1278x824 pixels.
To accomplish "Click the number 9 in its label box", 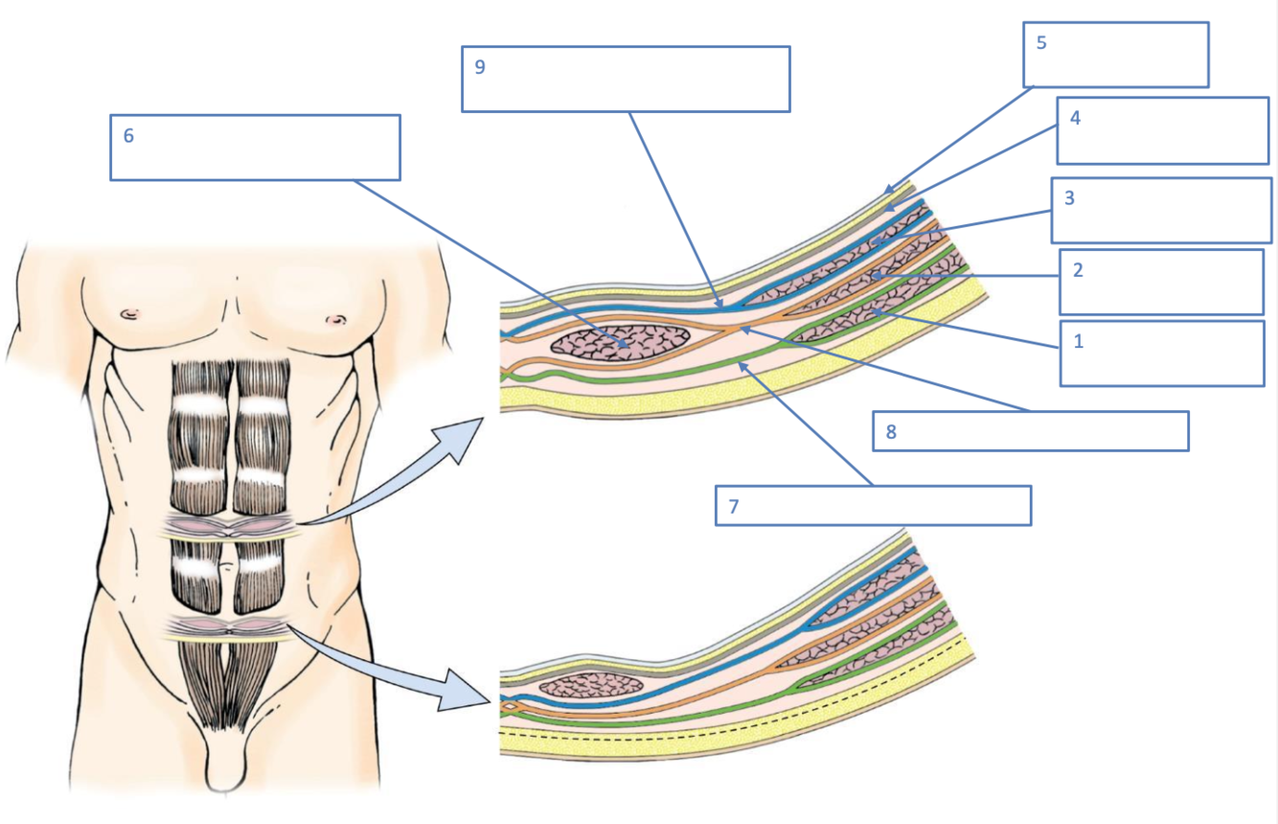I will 480,67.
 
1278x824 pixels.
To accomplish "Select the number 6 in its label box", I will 128,135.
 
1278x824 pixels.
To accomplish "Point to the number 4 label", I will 1075,118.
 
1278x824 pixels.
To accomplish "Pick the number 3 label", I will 1069,198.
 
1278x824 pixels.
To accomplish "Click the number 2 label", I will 1078,270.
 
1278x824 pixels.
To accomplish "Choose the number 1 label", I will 1078,341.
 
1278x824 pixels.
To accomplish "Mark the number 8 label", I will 891,431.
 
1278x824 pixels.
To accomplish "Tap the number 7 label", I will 734,506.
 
